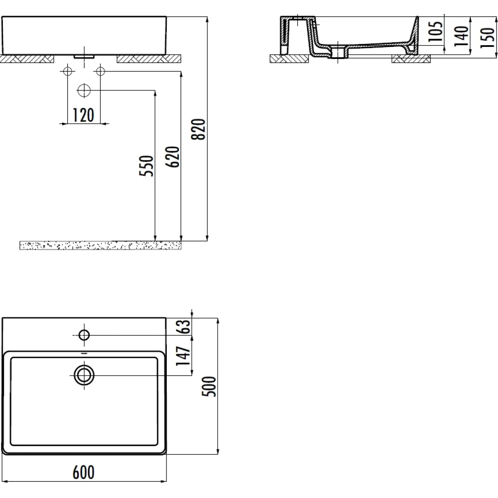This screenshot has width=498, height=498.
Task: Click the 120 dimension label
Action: point(83,115)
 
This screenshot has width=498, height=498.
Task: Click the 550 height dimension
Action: point(146,166)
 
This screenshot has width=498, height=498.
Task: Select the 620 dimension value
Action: point(172,157)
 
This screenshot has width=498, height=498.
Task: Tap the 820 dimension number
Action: point(198,129)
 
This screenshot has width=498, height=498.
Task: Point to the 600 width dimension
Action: point(83,472)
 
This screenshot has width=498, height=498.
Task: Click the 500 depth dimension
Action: point(209,386)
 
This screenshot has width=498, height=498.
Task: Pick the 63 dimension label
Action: point(184,327)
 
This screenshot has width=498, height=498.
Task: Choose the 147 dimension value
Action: point(183,356)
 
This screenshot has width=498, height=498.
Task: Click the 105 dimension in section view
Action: point(435,31)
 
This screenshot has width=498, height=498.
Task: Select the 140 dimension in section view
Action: point(461,36)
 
